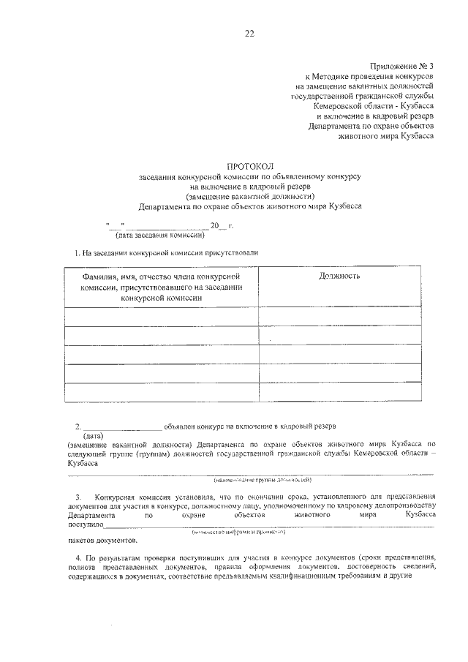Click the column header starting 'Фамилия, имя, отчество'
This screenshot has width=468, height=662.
162,287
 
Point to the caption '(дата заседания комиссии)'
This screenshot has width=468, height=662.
159,236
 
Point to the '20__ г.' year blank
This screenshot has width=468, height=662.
220,225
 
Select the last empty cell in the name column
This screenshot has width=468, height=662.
162,392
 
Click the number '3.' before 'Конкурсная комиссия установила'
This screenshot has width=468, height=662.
78,496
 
